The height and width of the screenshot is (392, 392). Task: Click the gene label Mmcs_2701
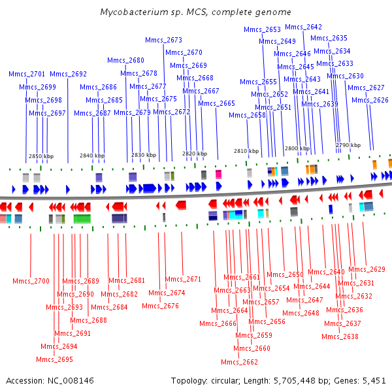coord(27,74)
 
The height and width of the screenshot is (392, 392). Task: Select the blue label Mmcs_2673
coord(163,40)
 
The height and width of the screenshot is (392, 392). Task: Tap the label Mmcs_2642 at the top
coord(303,27)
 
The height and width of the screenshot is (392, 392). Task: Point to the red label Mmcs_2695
coord(54,359)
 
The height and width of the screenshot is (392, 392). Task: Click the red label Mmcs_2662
coord(239,362)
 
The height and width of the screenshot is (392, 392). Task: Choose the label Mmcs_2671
coord(183,279)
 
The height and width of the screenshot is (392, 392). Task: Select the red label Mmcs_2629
coord(367,269)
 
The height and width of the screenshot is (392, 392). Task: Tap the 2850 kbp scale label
coord(41,156)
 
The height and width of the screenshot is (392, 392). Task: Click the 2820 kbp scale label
coord(195,154)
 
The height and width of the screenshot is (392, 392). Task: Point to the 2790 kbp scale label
coord(348,145)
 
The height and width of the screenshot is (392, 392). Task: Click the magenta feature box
coord(218,174)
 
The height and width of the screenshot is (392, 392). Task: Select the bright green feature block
coord(82,219)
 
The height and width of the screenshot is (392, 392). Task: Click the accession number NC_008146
coord(71,380)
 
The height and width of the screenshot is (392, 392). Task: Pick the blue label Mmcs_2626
coord(370,100)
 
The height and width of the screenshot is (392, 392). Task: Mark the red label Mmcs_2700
coord(31,281)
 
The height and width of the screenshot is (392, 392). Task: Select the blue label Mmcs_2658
coord(247,115)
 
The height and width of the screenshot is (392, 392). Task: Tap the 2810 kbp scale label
coord(246,151)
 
